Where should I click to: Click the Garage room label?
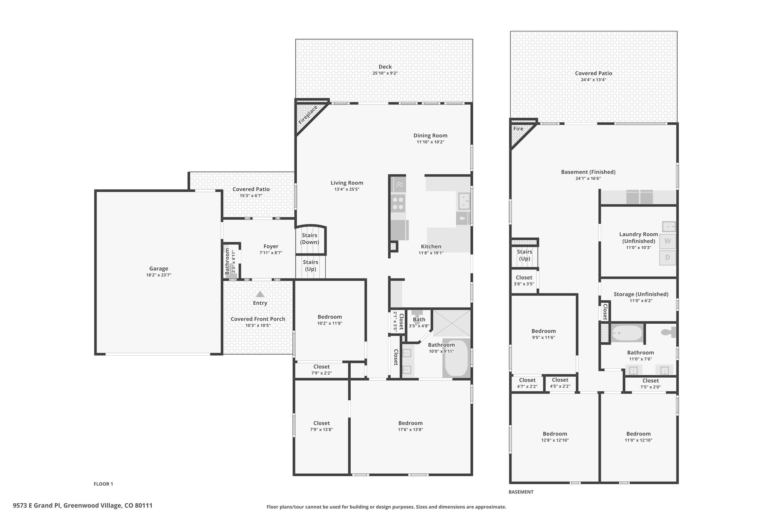159,269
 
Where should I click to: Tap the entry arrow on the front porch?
260,294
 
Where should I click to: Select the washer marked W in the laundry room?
667,241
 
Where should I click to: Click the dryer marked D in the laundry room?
667,258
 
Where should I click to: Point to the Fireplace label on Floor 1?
308,115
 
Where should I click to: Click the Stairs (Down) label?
310,239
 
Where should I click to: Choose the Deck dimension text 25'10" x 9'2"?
385,73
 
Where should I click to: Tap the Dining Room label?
430,135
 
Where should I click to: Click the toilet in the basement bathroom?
668,332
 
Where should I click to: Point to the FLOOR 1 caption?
103,484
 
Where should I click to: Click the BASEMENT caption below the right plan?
521,492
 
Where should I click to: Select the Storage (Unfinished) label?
641,294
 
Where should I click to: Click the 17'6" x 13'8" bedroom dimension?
410,429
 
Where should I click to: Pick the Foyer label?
271,246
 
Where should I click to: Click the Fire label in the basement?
518,129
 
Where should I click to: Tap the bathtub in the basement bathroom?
627,333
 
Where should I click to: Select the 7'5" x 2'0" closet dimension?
650,387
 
